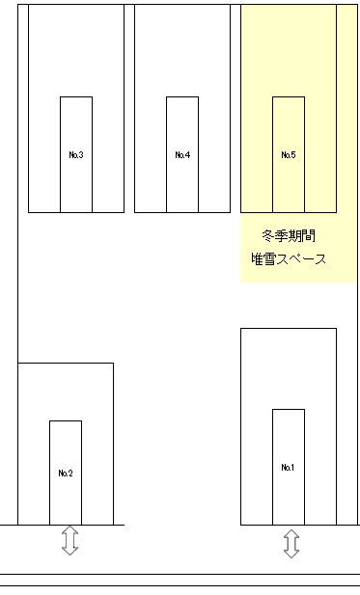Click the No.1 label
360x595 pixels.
[x=288, y=467]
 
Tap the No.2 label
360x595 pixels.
[x=66, y=473]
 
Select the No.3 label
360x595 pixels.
[x=76, y=154]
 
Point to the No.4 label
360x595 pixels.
[x=182, y=154]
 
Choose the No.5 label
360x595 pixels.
[x=288, y=154]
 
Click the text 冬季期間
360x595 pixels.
[x=288, y=235]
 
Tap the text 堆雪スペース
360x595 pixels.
[x=288, y=259]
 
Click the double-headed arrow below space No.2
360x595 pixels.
[x=69, y=540]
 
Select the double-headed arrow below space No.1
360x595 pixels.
[x=291, y=544]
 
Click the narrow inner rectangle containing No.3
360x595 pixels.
[x=76, y=125]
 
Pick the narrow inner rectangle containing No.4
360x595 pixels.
[x=182, y=125]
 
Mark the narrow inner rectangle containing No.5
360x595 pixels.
[x=288, y=125]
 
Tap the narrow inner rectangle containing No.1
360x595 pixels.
[x=288, y=439]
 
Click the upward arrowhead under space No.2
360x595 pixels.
[x=69, y=530]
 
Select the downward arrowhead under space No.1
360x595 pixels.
[x=291, y=553]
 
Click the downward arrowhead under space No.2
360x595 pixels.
[x=69, y=550]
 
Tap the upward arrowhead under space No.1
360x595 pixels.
[x=291, y=534]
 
